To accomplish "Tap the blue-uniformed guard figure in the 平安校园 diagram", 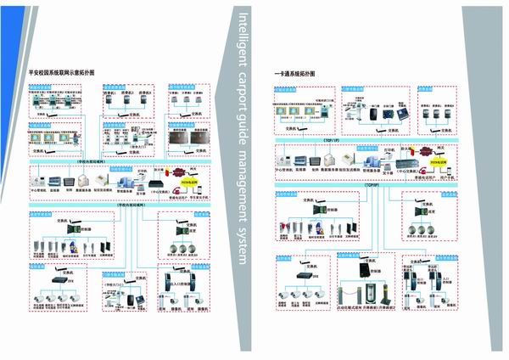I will (74, 247).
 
